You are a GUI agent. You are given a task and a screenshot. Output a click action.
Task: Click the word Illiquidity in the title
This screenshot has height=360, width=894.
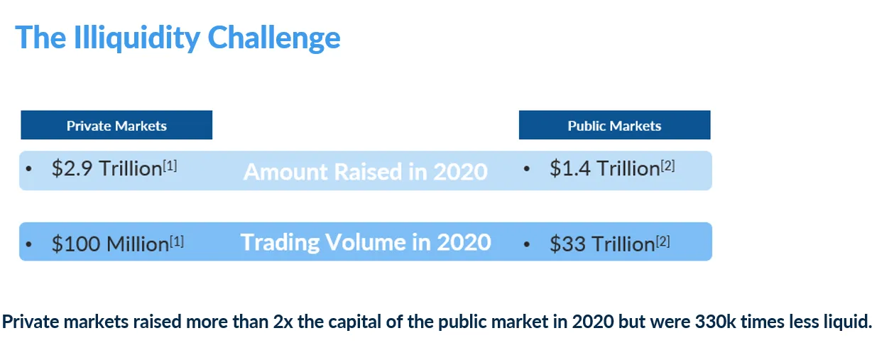[137, 38]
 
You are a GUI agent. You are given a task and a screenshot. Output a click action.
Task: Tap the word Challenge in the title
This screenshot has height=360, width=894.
[274, 38]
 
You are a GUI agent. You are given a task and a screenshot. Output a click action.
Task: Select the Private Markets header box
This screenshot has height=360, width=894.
[116, 125]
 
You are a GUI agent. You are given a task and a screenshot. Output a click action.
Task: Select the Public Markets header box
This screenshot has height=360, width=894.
[615, 125]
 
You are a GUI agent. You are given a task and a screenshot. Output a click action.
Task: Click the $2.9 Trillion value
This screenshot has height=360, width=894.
[107, 168]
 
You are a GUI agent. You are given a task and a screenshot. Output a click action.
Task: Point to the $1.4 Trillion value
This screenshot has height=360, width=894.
[605, 168]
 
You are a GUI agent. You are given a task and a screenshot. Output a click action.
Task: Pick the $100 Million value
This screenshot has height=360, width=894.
[110, 244]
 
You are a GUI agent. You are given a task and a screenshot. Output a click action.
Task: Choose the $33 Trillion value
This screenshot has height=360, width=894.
[602, 244]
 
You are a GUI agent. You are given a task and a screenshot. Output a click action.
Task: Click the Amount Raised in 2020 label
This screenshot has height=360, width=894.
[365, 172]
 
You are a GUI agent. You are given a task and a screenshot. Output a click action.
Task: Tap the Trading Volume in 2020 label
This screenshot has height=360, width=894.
[365, 242]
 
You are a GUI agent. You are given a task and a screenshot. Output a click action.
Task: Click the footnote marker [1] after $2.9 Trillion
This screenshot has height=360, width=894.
[170, 165]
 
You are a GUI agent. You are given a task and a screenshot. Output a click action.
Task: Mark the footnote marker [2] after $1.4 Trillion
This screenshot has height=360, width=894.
[667, 165]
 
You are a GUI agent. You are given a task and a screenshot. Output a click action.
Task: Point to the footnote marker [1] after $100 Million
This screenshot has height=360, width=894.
[177, 241]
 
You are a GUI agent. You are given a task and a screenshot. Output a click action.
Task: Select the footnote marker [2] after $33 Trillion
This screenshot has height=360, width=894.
[663, 241]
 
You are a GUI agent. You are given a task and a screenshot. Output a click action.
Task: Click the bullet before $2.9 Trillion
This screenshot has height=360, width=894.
[28, 169]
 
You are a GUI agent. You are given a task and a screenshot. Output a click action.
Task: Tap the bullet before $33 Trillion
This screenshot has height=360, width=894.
[526, 244]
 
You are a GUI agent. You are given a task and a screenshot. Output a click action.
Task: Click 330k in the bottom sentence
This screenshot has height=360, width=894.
[715, 321]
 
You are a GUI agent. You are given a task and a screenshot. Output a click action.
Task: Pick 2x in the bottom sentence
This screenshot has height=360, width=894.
[283, 321]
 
